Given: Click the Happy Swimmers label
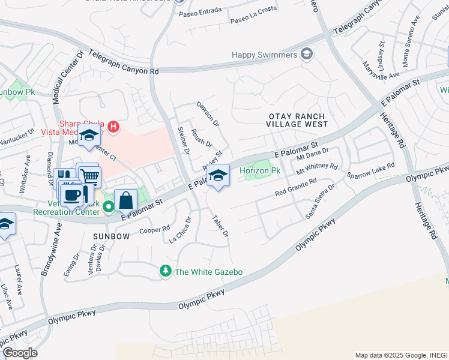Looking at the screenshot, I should (x=265, y=55).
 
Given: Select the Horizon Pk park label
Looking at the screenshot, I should (x=260, y=170).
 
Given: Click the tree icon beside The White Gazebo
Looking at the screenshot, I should (x=166, y=272).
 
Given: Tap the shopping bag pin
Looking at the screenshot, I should (x=125, y=200).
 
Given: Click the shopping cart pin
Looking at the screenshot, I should (x=89, y=176).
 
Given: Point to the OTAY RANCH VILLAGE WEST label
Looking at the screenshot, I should (x=297, y=120).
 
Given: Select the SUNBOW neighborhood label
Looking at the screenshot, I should (x=111, y=236).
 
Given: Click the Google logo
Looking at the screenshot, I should (x=20, y=353).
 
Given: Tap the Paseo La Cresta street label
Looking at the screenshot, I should (x=254, y=22).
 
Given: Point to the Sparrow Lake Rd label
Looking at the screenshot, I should (x=370, y=170).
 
